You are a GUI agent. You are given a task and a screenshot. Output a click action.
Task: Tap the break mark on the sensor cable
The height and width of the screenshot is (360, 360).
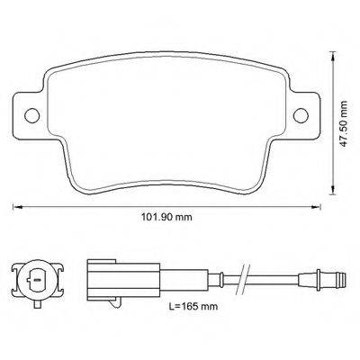coord(242,278)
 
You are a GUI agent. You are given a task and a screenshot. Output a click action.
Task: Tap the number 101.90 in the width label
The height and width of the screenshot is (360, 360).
coord(154,217)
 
